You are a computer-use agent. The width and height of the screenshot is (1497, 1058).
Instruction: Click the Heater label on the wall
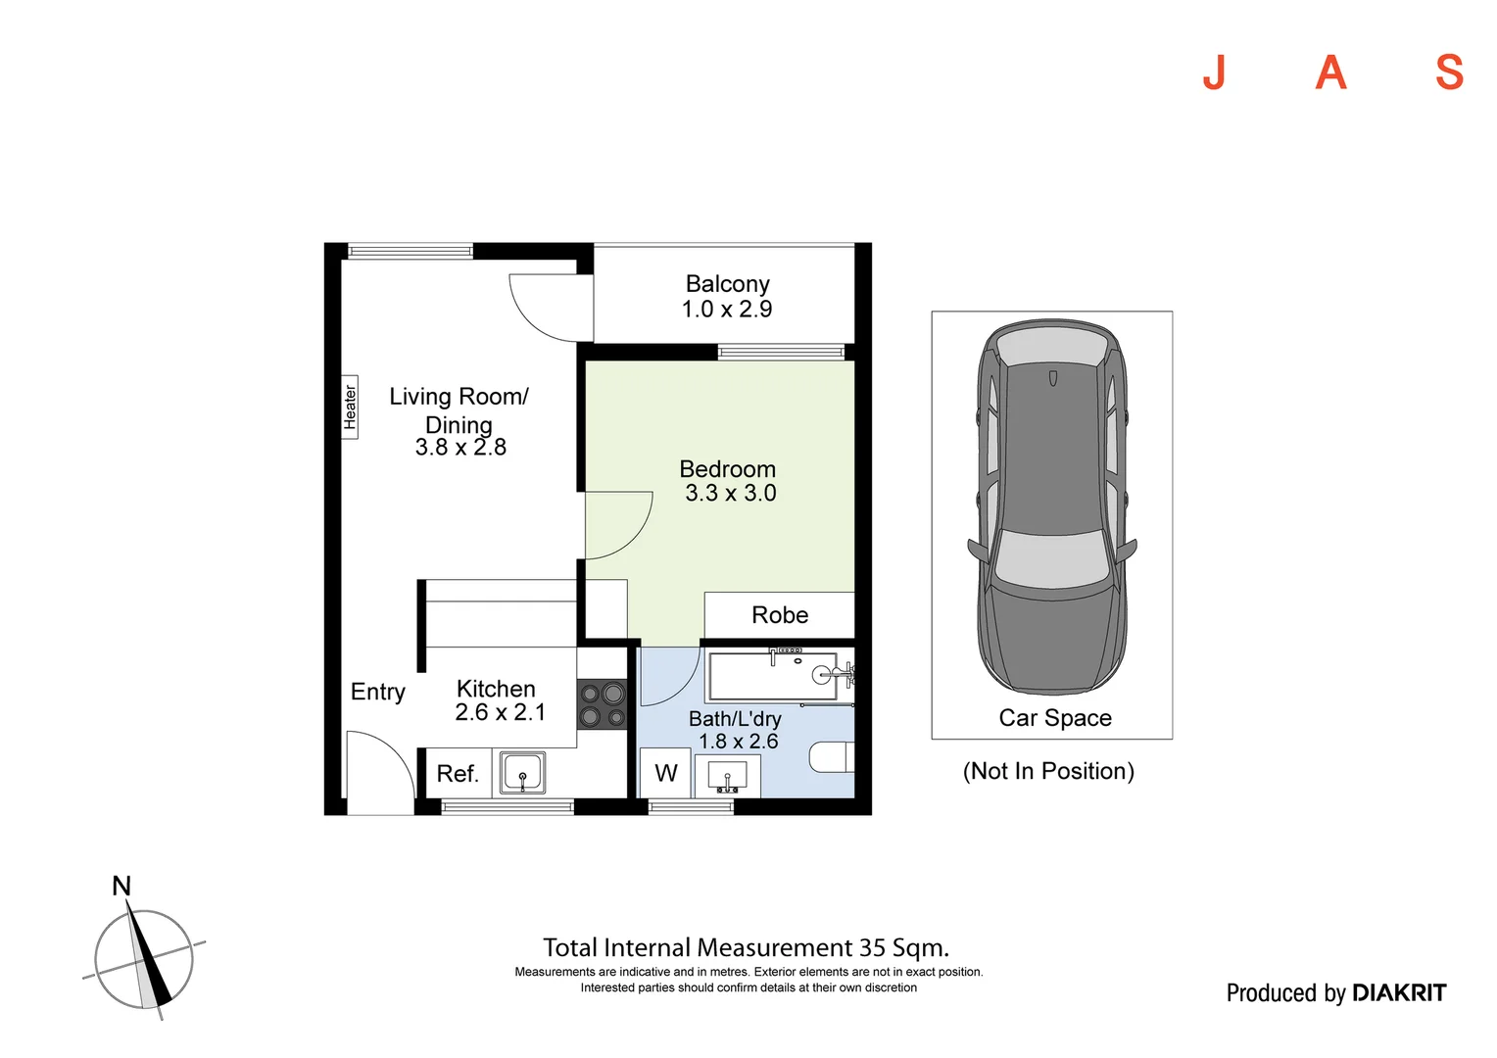coord(350,407)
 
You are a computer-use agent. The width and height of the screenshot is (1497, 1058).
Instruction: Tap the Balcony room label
coord(727,284)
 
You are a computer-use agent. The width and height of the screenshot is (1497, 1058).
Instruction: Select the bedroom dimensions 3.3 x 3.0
coord(730,494)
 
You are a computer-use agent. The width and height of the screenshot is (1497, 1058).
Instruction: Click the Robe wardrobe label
coord(780,615)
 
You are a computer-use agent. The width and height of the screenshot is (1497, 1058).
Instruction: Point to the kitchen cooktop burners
coord(602,705)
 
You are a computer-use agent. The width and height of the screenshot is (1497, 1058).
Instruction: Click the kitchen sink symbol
coord(522,772)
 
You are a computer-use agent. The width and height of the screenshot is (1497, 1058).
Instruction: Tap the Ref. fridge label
coord(458,774)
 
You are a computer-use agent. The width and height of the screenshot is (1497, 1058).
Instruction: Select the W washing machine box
coord(666,773)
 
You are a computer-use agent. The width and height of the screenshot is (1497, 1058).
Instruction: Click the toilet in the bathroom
coord(833,757)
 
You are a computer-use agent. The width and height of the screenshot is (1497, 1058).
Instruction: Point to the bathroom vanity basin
coord(727,776)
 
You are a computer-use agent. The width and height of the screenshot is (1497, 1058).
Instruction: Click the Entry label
coord(378,692)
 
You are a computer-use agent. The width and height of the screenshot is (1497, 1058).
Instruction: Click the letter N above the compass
coord(121,887)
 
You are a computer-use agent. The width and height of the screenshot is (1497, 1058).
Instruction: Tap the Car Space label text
coord(1055,718)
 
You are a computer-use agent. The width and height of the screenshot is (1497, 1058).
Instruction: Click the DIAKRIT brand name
coord(1398,993)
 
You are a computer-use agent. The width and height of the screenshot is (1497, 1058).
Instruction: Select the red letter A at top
coord(1330,72)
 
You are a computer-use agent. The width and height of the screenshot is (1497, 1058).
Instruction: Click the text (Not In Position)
coord(1048,771)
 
